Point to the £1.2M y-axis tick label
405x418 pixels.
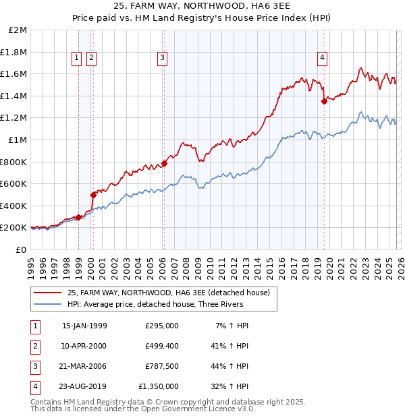pyautogui.click(x=14, y=118)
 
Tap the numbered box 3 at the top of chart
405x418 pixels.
pyautogui.click(x=163, y=59)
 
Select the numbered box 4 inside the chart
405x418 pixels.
pyautogui.click(x=323, y=59)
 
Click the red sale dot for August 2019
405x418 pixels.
pyautogui.click(x=324, y=102)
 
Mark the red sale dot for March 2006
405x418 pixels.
pyautogui.click(x=164, y=163)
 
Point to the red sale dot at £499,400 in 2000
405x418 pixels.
pyautogui.click(x=93, y=195)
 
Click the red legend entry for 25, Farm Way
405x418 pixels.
pyautogui.click(x=168, y=293)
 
